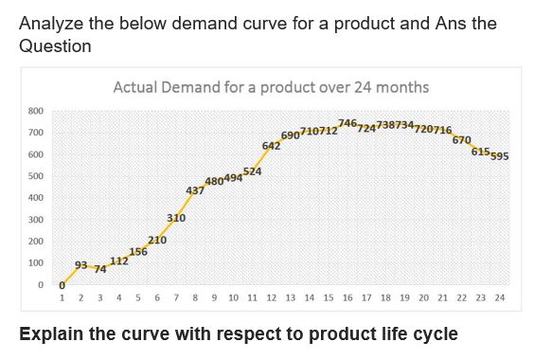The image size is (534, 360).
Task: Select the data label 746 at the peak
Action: (347, 124)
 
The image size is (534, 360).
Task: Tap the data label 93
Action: (80, 264)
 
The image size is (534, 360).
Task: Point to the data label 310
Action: (176, 218)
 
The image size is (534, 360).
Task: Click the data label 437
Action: (195, 190)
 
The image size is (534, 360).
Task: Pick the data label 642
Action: (271, 146)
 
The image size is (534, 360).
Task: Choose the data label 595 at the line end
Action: (500, 156)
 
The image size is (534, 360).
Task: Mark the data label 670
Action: (462, 139)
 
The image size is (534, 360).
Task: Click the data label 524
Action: (253, 171)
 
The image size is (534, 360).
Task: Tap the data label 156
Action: (138, 251)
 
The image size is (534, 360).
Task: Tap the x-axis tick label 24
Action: (500, 297)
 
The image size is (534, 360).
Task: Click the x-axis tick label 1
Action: (62, 297)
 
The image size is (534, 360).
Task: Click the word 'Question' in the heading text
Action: (55, 46)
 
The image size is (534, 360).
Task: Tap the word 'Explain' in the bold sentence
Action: (51, 334)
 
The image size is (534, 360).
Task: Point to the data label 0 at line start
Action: (62, 285)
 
